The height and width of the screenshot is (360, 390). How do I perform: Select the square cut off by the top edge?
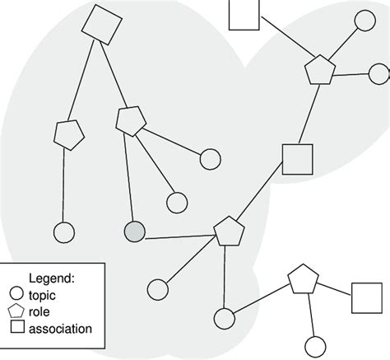click(x=244, y=13)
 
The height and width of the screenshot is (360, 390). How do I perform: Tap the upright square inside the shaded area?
click(x=298, y=158)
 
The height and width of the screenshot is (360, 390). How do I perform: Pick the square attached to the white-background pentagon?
click(x=366, y=297)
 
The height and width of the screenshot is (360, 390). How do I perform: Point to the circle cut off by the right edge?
click(x=379, y=74)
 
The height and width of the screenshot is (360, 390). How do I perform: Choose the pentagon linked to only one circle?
click(x=69, y=134)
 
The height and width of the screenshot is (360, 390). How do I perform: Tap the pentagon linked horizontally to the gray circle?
click(x=228, y=231)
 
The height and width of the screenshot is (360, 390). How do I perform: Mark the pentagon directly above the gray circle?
click(x=130, y=121)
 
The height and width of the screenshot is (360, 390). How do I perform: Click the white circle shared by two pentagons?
click(x=222, y=317)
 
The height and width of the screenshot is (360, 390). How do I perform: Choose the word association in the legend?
click(x=60, y=329)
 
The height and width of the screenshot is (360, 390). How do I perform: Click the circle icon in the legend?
click(x=15, y=292)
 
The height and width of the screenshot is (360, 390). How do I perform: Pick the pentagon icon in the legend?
click(x=15, y=311)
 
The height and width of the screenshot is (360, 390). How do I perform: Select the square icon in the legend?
click(x=15, y=329)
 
